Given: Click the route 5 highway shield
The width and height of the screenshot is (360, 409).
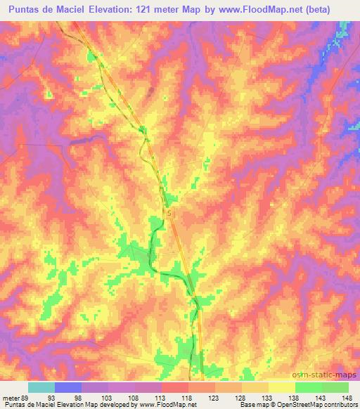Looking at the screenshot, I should (169, 211).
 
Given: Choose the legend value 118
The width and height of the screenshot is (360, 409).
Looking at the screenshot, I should (186, 397).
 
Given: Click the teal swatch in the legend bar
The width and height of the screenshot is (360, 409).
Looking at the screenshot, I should (41, 387).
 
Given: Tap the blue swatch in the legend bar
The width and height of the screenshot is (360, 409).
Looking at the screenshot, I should (68, 387).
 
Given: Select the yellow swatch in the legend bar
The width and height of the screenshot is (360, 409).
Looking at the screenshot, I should (281, 387).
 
